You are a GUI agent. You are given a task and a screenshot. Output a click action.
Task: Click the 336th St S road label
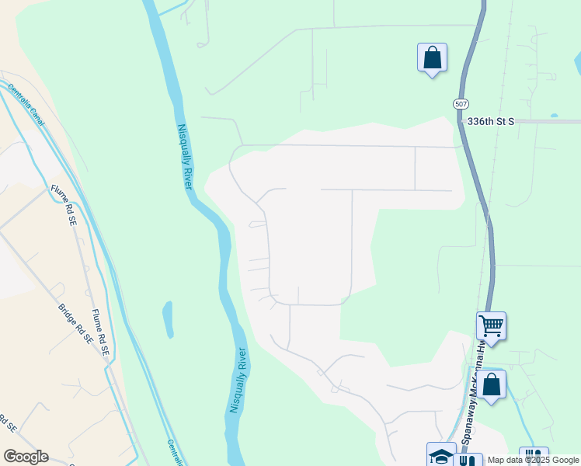point(491,121)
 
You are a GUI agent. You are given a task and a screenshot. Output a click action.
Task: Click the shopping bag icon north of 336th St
point(432,57)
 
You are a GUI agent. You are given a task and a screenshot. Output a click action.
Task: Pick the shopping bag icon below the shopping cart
point(491,384)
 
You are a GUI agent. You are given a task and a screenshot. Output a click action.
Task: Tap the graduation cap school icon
point(441,456)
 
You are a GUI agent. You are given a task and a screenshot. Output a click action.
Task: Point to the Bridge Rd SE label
point(75,324)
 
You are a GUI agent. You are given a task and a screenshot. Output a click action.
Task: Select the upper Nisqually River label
point(184,156)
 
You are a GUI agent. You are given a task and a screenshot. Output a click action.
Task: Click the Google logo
point(26,457)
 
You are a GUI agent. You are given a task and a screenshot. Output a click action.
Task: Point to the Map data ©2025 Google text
point(534,460)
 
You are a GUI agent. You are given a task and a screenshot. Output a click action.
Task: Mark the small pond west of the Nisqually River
point(168,319)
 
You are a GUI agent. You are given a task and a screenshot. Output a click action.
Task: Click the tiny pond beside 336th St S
point(553,116)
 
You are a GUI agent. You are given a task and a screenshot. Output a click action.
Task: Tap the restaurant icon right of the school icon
point(468,460)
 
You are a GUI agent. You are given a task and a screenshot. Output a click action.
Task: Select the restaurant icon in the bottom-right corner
point(534,457)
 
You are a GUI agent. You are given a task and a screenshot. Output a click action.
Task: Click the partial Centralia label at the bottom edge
point(175,453)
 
